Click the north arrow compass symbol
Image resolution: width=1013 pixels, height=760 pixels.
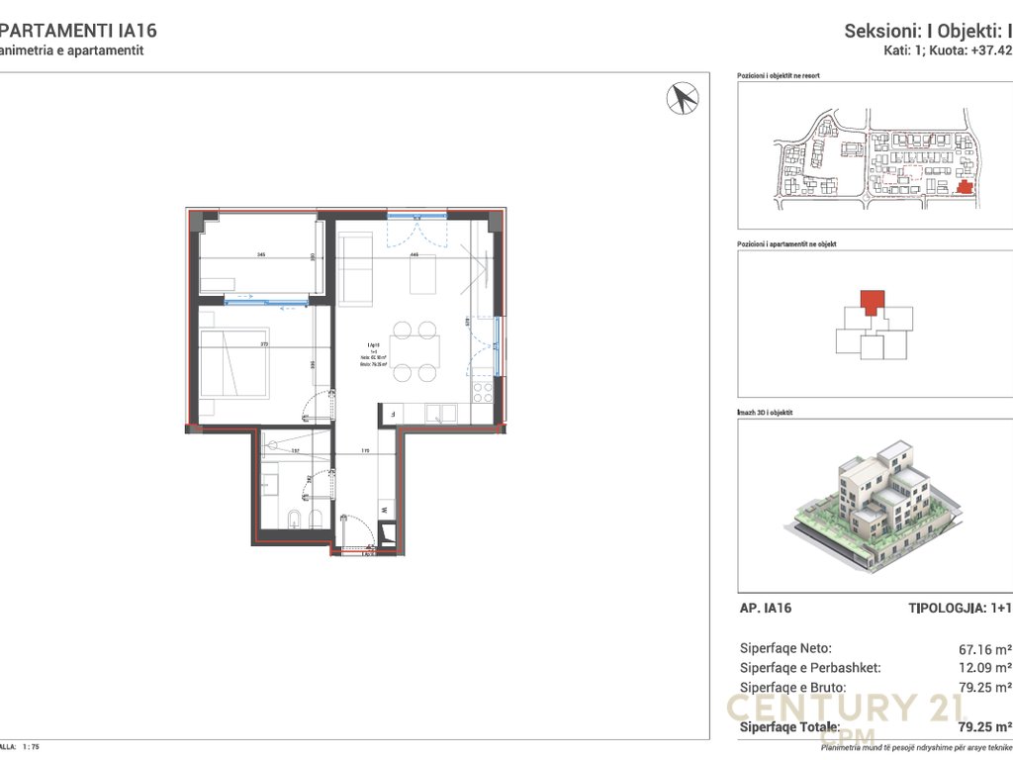point(684,97)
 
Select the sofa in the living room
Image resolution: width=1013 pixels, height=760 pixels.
point(354,269)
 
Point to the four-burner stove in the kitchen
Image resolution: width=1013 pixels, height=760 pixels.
point(484,388)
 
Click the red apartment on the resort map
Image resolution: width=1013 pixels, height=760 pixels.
point(965,186)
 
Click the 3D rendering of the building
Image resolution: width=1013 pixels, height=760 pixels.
point(871,505)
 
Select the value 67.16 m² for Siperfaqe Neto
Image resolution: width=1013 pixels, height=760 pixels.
point(983,649)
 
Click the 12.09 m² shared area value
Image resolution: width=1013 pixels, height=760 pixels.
point(983,668)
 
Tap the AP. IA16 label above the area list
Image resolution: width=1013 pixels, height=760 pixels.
point(766,609)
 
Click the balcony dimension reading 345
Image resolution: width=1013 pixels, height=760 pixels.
point(261,255)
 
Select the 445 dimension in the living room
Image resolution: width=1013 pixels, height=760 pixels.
point(415,255)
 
